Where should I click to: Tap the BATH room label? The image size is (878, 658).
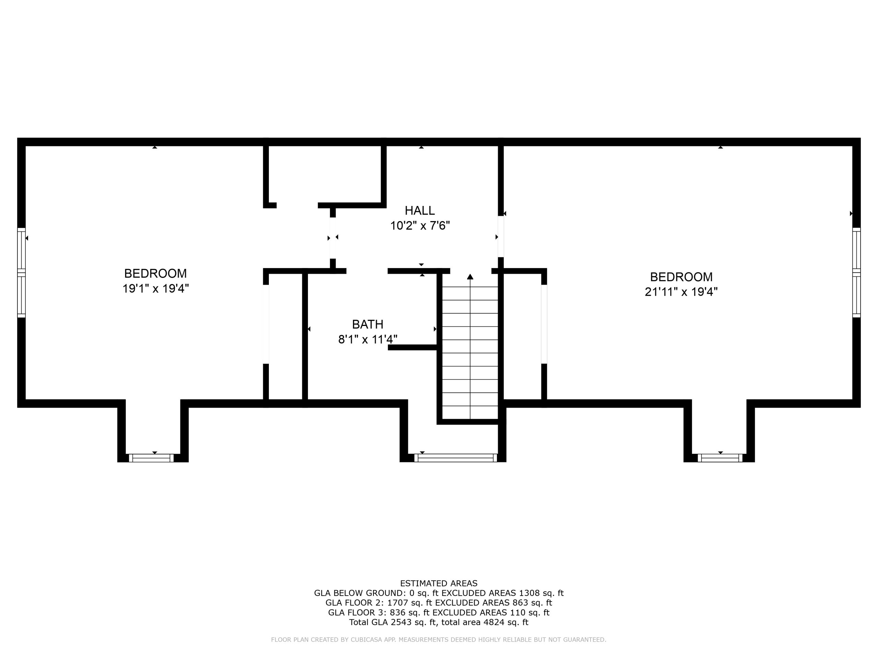pos(368,325)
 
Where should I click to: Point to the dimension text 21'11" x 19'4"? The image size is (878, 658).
pos(681,292)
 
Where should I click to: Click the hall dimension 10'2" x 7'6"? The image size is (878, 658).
pos(420,226)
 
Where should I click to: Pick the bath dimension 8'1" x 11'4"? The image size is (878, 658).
pos(368,340)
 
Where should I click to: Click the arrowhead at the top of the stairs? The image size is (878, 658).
pos(470,277)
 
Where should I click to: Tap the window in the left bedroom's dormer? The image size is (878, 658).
pos(151,458)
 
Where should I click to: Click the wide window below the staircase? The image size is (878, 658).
pos(456,458)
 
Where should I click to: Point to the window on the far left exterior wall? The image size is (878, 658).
pos(21,272)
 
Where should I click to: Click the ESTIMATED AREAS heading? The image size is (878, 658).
pos(439,583)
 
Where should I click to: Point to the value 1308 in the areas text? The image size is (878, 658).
pos(529,593)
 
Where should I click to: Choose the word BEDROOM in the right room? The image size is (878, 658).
pos(681,277)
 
